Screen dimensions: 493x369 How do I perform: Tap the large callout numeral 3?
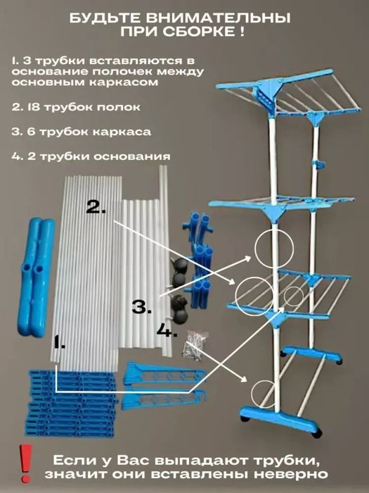[x=141, y=306]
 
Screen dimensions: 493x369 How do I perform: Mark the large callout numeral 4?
[x=167, y=329]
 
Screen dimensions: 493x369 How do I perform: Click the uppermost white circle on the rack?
[x=273, y=244]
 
